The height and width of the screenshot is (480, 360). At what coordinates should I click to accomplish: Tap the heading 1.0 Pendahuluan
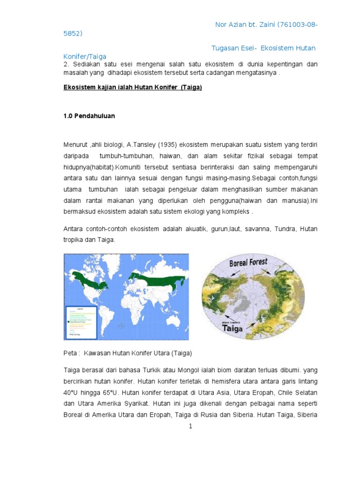pyautogui.click(x=89, y=116)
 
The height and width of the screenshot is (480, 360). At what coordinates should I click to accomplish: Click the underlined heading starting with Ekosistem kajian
pyautogui.click(x=133, y=87)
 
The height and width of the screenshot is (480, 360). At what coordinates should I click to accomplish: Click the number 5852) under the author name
pyautogui.click(x=73, y=33)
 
